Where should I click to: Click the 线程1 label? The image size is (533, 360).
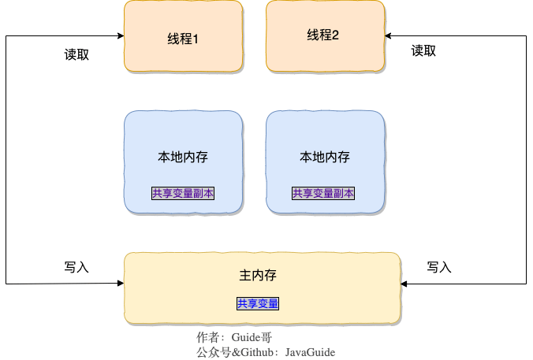tap(183, 38)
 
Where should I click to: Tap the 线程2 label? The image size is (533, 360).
tap(322, 35)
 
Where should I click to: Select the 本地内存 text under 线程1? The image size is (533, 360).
tap(183, 157)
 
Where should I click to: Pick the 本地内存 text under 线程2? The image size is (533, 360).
tap(325, 157)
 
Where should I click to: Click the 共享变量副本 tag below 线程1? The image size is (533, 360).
tap(183, 193)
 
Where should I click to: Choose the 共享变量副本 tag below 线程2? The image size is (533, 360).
tap(323, 193)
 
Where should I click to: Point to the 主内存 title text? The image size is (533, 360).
tap(257, 276)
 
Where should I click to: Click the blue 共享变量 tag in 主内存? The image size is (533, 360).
tap(258, 303)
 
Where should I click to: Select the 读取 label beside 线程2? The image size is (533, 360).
tap(423, 51)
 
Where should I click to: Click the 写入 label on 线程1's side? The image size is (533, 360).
tap(76, 267)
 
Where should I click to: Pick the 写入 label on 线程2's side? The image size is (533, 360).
tap(438, 267)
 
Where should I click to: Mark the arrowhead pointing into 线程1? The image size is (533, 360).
tap(120, 36)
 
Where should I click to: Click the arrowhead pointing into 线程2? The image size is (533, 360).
tap(389, 36)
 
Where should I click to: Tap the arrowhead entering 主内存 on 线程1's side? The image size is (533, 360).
tap(120, 282)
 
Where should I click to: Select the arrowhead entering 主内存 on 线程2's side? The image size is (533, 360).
tap(404, 283)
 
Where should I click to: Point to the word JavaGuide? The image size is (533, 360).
tap(315, 352)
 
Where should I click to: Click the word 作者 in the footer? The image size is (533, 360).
tap(207, 337)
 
